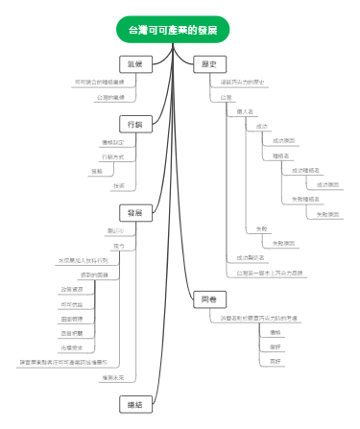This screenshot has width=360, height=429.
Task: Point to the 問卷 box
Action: (208, 300)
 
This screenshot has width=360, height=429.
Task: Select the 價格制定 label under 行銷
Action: (112, 141)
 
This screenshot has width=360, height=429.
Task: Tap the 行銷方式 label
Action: (112, 155)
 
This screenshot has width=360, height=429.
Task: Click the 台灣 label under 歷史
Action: (226, 97)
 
